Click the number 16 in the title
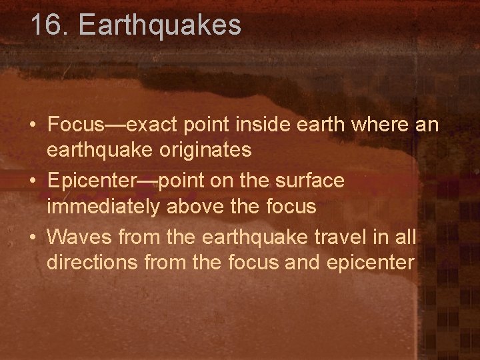click(x=46, y=25)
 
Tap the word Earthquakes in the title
click(x=159, y=25)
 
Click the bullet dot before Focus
click(x=33, y=125)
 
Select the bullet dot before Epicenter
click(x=33, y=181)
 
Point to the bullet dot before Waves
click(x=33, y=237)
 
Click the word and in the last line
click(x=302, y=263)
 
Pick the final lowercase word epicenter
click(x=370, y=263)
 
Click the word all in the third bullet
click(x=404, y=237)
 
